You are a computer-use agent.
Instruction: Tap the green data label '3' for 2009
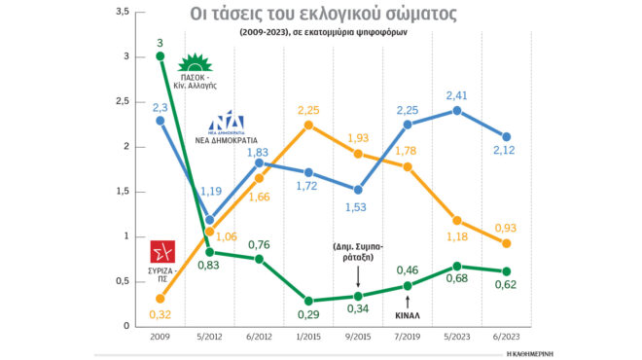pyautogui.click(x=160, y=42)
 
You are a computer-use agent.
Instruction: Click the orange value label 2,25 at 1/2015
pyautogui.click(x=309, y=109)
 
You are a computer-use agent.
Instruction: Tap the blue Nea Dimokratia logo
pyautogui.click(x=232, y=121)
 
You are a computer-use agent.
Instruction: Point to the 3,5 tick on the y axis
pyautogui.click(x=122, y=12)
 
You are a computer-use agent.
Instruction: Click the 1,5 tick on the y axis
pyautogui.click(x=122, y=192)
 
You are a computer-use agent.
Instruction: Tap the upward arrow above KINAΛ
pyautogui.click(x=408, y=302)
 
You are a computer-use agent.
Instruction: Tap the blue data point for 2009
pyautogui.click(x=160, y=120)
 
